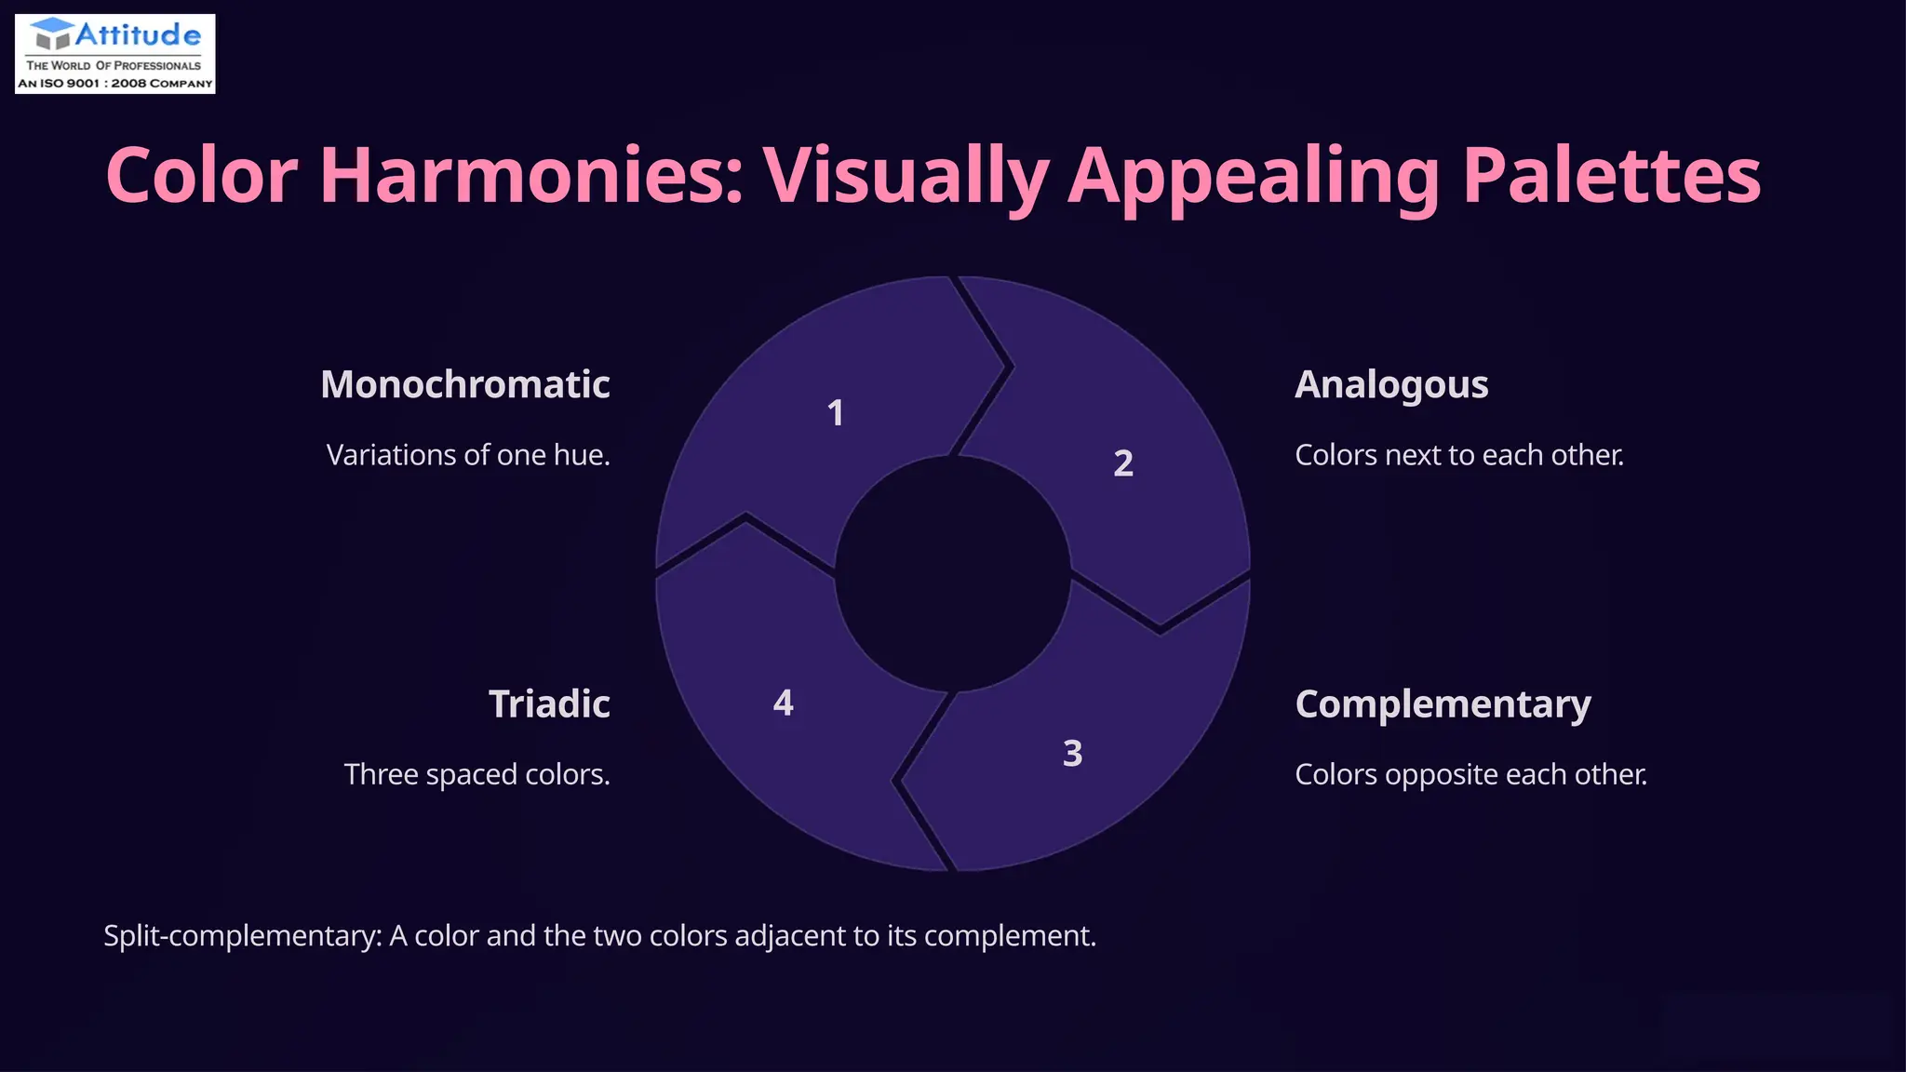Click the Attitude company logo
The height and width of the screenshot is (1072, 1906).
pyautogui.click(x=115, y=54)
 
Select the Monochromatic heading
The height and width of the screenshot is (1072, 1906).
pyautogui.click(x=464, y=384)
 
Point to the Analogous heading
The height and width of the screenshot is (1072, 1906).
pyautogui.click(x=1391, y=384)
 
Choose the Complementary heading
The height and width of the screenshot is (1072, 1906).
pyautogui.click(x=1443, y=704)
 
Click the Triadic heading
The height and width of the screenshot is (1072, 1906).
pyautogui.click(x=549, y=704)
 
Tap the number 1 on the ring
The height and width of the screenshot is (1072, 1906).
pyautogui.click(x=836, y=413)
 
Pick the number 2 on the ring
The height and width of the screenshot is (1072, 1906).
pyautogui.click(x=1123, y=463)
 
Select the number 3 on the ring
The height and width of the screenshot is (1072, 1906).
pyautogui.click(x=1072, y=753)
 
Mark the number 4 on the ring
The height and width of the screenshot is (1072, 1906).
pyautogui.click(x=784, y=703)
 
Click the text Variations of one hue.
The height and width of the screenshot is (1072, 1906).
pyautogui.click(x=468, y=455)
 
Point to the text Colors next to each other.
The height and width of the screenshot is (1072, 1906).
pyautogui.click(x=1458, y=455)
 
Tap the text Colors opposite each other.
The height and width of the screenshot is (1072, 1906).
pyautogui.click(x=1470, y=774)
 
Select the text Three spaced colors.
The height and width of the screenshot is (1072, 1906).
pyautogui.click(x=476, y=774)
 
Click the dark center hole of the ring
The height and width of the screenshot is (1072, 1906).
pyautogui.click(x=952, y=574)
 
